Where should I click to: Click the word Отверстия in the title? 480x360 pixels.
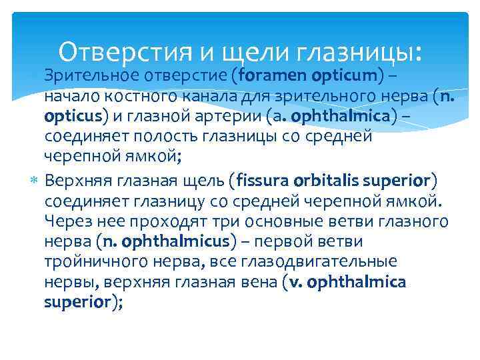coord(117,51)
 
